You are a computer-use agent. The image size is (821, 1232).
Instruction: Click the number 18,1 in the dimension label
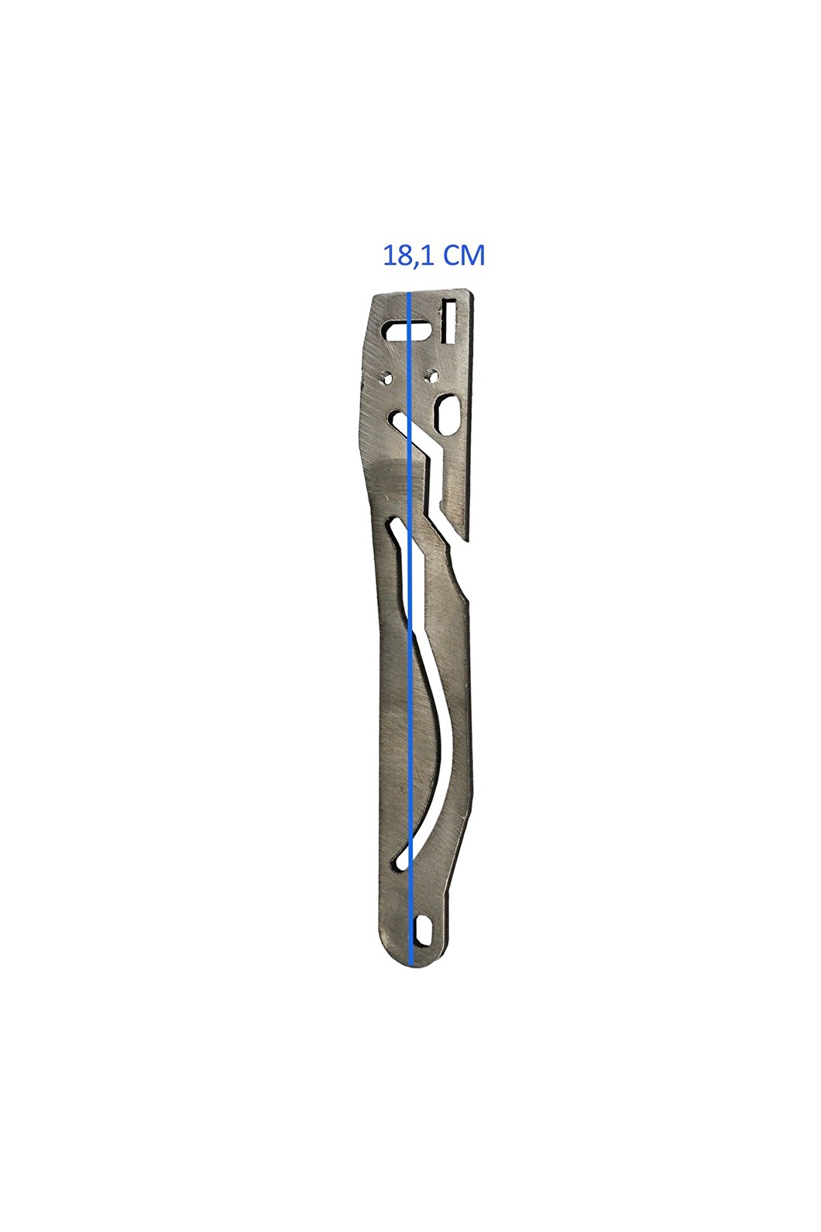coord(409,257)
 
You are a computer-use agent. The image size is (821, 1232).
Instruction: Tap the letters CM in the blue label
coord(464,256)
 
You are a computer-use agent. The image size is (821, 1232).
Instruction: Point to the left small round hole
coord(387,376)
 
